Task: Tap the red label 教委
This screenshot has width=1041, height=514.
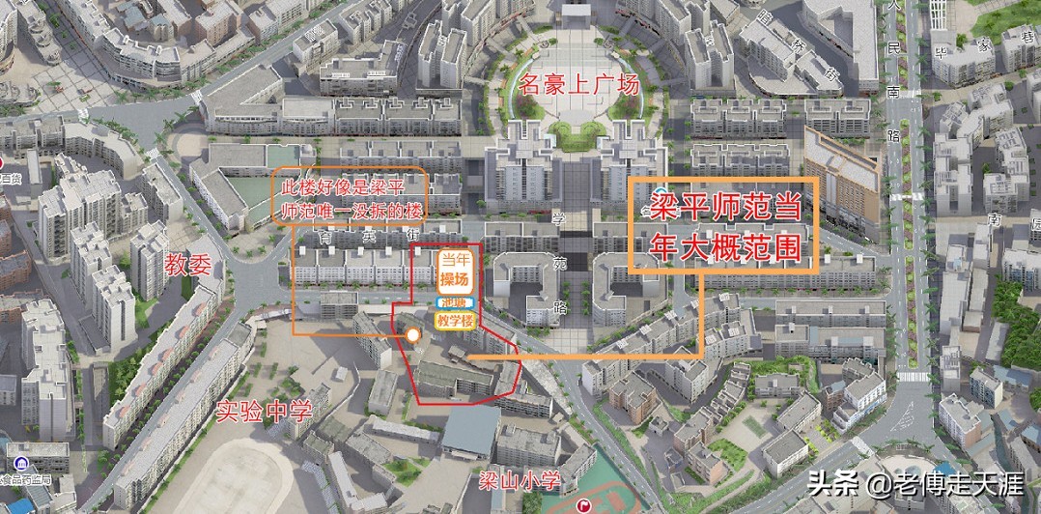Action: point(186,263)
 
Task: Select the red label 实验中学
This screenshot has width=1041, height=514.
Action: point(263,411)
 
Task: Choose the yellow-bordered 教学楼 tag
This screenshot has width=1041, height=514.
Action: point(455,320)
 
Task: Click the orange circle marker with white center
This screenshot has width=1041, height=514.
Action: point(412,335)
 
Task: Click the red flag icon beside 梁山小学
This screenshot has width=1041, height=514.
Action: point(584,505)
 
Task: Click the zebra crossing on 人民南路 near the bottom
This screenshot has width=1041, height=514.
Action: point(911,377)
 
